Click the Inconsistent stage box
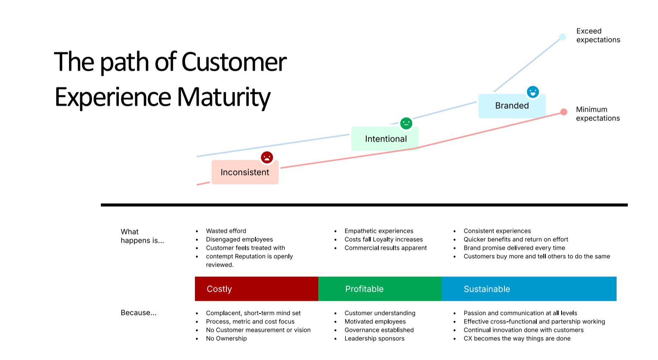click(245, 172)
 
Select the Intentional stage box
click(385, 139)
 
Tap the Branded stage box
click(512, 106)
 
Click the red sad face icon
click(267, 157)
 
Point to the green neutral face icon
click(406, 123)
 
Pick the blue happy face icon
click(533, 92)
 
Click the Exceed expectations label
click(598, 36)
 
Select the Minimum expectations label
click(598, 114)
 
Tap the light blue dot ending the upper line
click(562, 37)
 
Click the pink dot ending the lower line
click(564, 112)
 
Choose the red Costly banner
click(257, 289)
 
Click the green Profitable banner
click(380, 289)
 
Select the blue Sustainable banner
click(529, 289)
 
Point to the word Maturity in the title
click(224, 97)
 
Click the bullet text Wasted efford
click(226, 231)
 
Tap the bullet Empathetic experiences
click(379, 231)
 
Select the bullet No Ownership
click(226, 338)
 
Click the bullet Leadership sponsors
click(375, 338)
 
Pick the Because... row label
click(139, 313)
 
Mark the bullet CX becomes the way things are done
click(517, 338)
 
